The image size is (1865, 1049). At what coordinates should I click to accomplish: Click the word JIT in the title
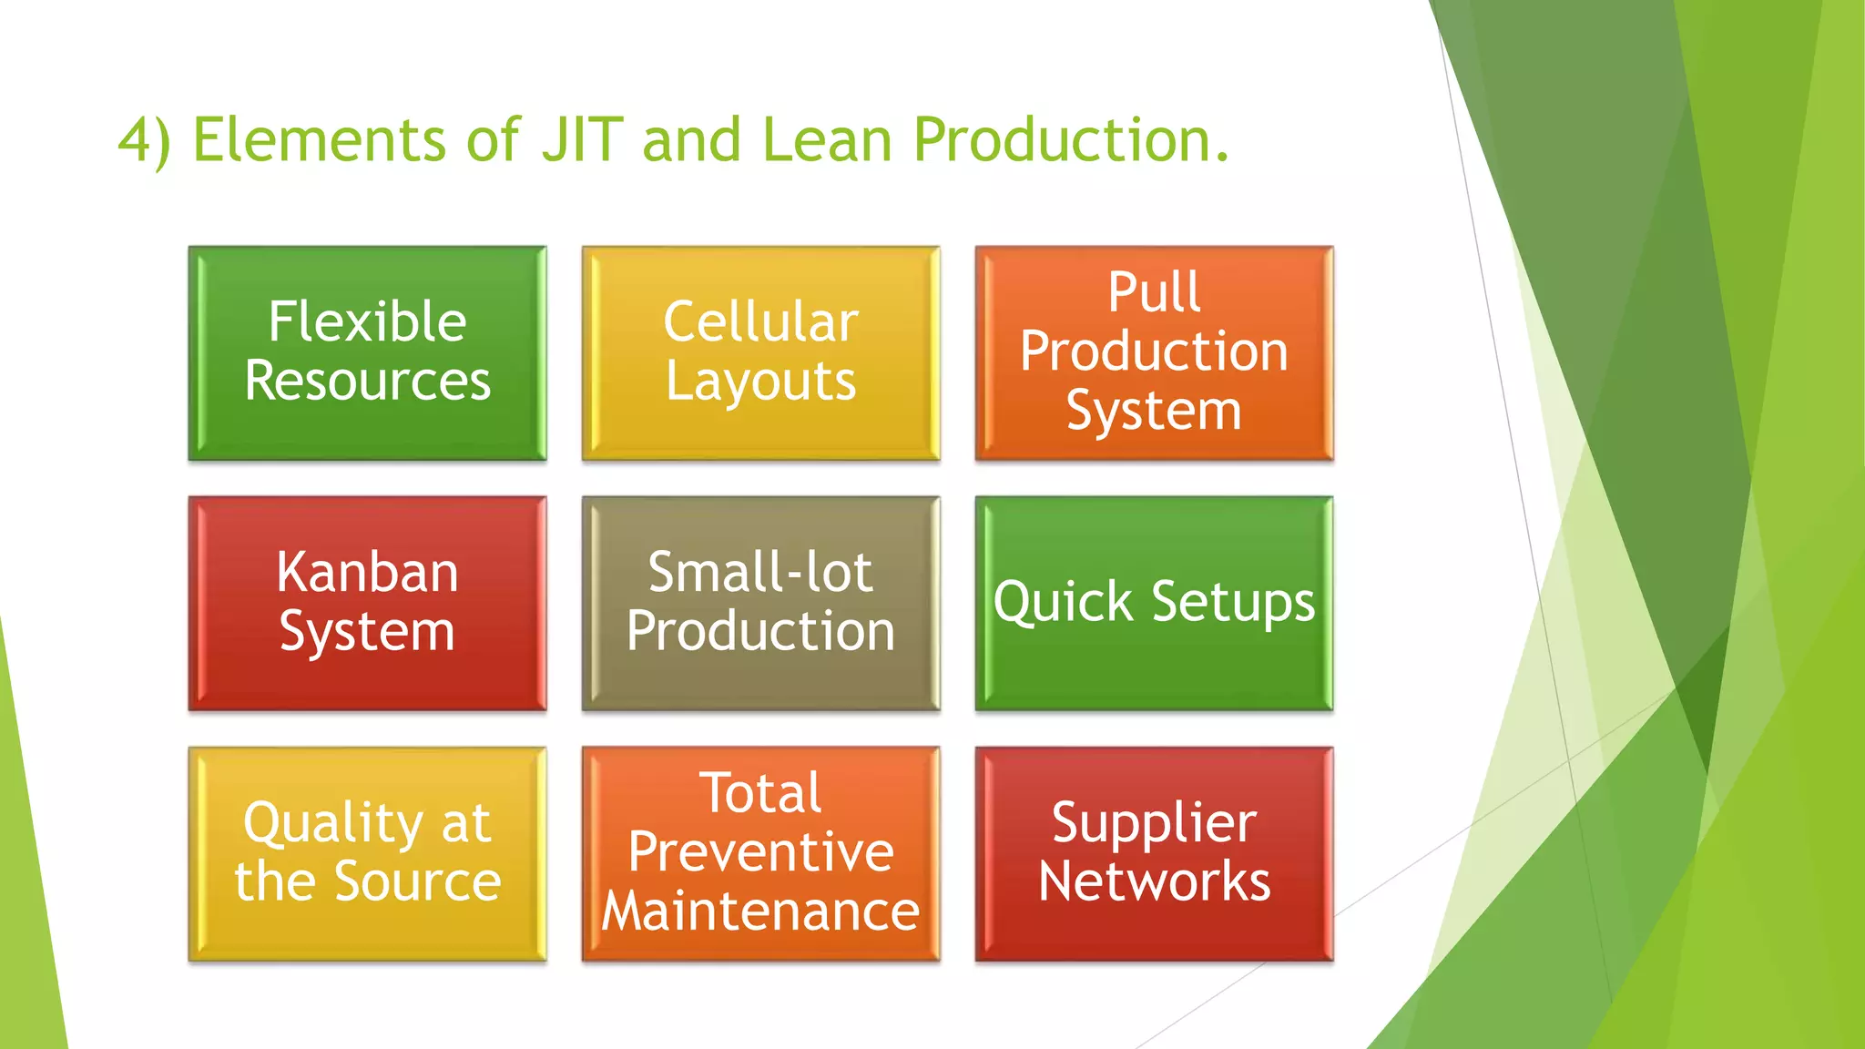coord(583,140)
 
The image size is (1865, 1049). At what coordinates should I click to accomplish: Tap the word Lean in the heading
coord(827,140)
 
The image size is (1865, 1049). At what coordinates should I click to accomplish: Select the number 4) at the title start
coord(144,142)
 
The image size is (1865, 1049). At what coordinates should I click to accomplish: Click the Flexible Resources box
coord(368,352)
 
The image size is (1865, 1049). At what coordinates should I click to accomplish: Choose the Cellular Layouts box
coord(761,352)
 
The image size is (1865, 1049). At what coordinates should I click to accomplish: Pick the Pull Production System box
coord(1154,352)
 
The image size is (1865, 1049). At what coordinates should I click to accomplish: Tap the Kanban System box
coord(368,603)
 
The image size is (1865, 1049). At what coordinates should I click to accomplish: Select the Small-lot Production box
coord(761,603)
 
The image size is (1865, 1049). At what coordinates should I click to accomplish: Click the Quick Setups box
coord(1154,603)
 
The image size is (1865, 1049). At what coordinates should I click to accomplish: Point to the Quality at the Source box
coord(368,853)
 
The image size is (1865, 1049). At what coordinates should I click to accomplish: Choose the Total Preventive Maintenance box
coord(761,853)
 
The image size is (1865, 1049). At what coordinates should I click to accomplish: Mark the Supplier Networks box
coord(1154,853)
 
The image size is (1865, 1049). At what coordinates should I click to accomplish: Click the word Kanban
coord(368,573)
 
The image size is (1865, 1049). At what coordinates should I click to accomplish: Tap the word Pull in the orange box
coord(1154,292)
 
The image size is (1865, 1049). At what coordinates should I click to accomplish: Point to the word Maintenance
coord(761,912)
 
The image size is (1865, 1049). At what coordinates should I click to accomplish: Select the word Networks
coord(1154,882)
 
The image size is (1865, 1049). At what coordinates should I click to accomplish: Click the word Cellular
coord(761,322)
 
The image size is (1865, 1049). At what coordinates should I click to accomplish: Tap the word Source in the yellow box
coord(418,882)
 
